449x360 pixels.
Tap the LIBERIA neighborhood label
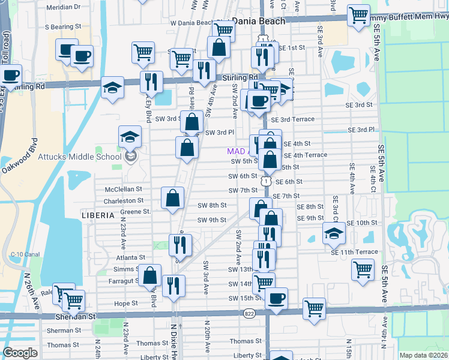[x=97, y=215]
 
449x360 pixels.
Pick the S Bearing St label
[x=63, y=27]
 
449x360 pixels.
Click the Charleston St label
[x=123, y=200]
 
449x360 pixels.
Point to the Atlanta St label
[x=130, y=257]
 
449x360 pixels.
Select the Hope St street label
[x=126, y=304]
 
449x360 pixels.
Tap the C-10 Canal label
[x=25, y=254]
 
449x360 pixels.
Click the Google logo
[x=20, y=353]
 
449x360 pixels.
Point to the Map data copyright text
[x=423, y=355]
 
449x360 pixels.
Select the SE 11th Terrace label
[x=354, y=252]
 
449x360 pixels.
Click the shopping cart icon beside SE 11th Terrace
[x=363, y=271]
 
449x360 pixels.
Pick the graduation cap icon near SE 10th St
[x=334, y=233]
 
